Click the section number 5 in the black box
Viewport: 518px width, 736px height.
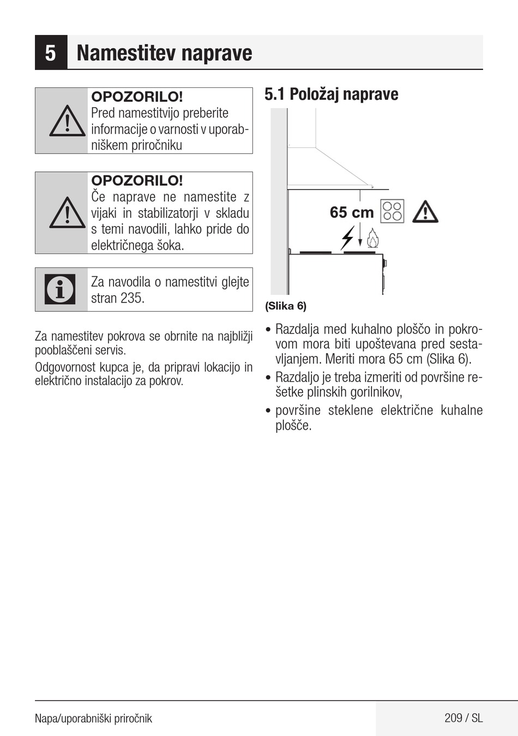[51, 53]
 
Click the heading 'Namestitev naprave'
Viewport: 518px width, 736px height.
[164, 53]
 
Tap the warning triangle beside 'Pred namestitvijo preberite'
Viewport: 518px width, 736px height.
[67, 121]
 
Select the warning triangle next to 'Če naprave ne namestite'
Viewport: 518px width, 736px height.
[67, 212]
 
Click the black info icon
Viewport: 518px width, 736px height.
[61, 289]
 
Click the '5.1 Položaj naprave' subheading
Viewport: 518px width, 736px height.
[331, 94]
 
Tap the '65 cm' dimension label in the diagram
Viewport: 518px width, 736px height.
[352, 212]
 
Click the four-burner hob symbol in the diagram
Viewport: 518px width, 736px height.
[393, 212]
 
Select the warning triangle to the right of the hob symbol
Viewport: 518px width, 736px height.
[425, 212]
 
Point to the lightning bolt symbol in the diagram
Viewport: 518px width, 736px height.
[347, 238]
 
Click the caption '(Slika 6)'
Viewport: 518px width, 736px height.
[286, 306]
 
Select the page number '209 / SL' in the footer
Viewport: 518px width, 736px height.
[463, 718]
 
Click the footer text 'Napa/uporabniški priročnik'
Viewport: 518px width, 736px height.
[93, 719]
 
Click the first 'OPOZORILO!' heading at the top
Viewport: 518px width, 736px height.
[137, 97]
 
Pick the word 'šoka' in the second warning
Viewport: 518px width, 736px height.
[170, 246]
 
